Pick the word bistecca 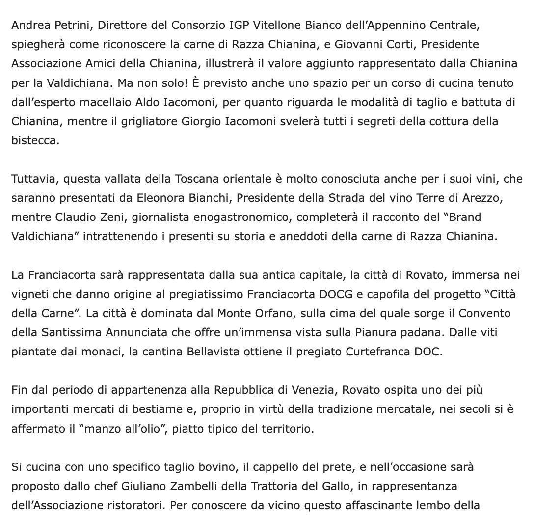click(35, 140)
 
